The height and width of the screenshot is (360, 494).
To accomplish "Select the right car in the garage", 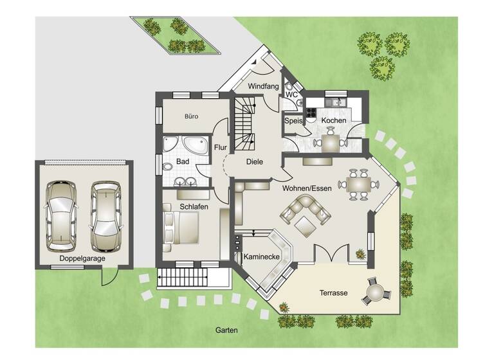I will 105,215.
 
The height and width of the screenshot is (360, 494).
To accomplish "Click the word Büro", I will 191,116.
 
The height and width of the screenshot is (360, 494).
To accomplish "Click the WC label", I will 291,95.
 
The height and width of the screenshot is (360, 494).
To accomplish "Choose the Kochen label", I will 334,120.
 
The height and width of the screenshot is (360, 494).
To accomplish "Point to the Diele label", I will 254,162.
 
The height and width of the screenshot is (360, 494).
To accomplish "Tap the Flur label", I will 220,147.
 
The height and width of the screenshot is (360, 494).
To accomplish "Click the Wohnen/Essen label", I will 306,188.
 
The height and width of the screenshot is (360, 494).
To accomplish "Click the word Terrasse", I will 333,293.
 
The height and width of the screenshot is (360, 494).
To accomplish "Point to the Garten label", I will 226,331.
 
